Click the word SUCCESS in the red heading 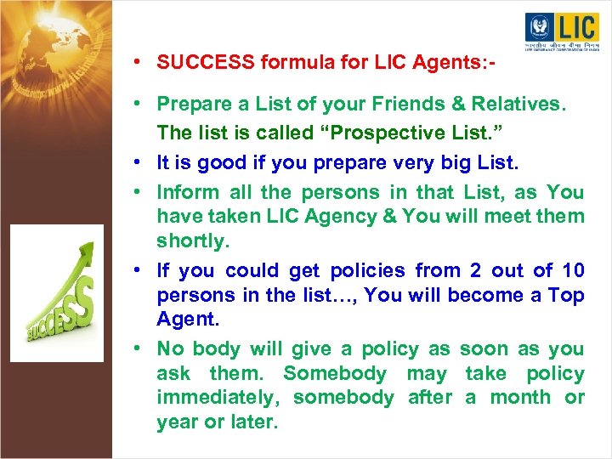pyautogui.click(x=205, y=62)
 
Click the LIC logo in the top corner pyautogui.click(x=561, y=34)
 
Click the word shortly pyautogui.click(x=193, y=241)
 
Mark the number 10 pyautogui.click(x=573, y=270)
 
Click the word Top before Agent pyautogui.click(x=565, y=295)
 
